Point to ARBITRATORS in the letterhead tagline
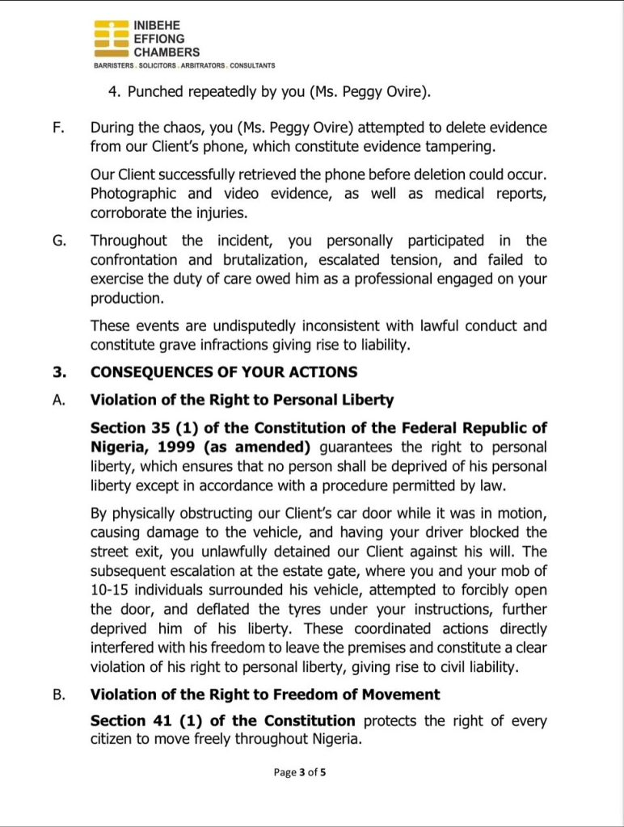point(202,65)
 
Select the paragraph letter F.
point(58,128)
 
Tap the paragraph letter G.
point(59,241)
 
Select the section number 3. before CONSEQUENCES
point(58,372)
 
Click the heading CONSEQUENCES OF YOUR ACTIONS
point(224,372)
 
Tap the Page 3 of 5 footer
point(300,772)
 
